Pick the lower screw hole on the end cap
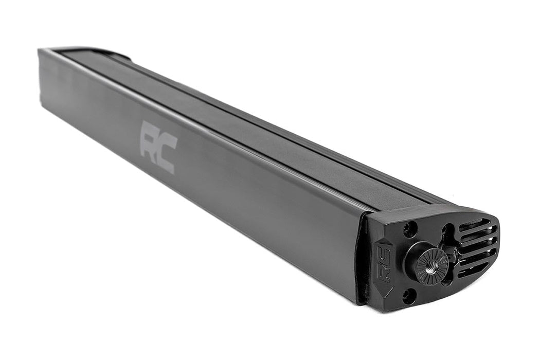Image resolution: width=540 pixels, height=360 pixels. (409, 295)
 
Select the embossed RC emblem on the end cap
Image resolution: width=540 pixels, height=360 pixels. (383, 263)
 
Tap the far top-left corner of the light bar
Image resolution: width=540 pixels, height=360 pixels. (40, 50)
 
